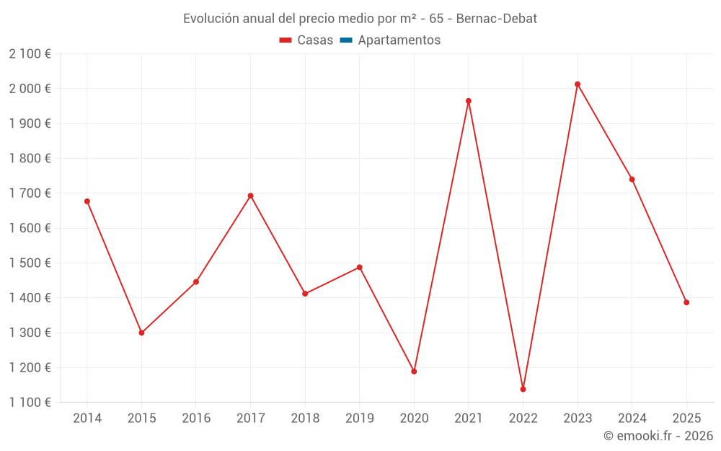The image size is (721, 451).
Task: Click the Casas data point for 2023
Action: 578,84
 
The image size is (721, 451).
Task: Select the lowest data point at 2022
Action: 523,389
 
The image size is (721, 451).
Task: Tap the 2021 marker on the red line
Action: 469,101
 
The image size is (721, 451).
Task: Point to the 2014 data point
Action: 87,201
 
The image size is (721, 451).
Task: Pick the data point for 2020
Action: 414,372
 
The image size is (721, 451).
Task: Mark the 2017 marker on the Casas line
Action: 250,196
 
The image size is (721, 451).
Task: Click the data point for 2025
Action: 686,302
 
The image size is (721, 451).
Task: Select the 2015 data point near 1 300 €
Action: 141,333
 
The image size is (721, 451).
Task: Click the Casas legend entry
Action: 306,40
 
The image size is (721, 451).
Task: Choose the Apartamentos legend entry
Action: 399,40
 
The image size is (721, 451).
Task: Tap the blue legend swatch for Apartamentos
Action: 345,40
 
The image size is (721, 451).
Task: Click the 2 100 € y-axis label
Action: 30,54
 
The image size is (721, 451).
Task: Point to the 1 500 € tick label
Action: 30,263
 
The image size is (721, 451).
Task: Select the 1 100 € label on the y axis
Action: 30,403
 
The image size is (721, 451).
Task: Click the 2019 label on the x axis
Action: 359,419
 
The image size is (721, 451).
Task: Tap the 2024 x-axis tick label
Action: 632,419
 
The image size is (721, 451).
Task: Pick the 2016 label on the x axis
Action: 196,419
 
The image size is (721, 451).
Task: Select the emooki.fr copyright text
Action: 658,436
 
